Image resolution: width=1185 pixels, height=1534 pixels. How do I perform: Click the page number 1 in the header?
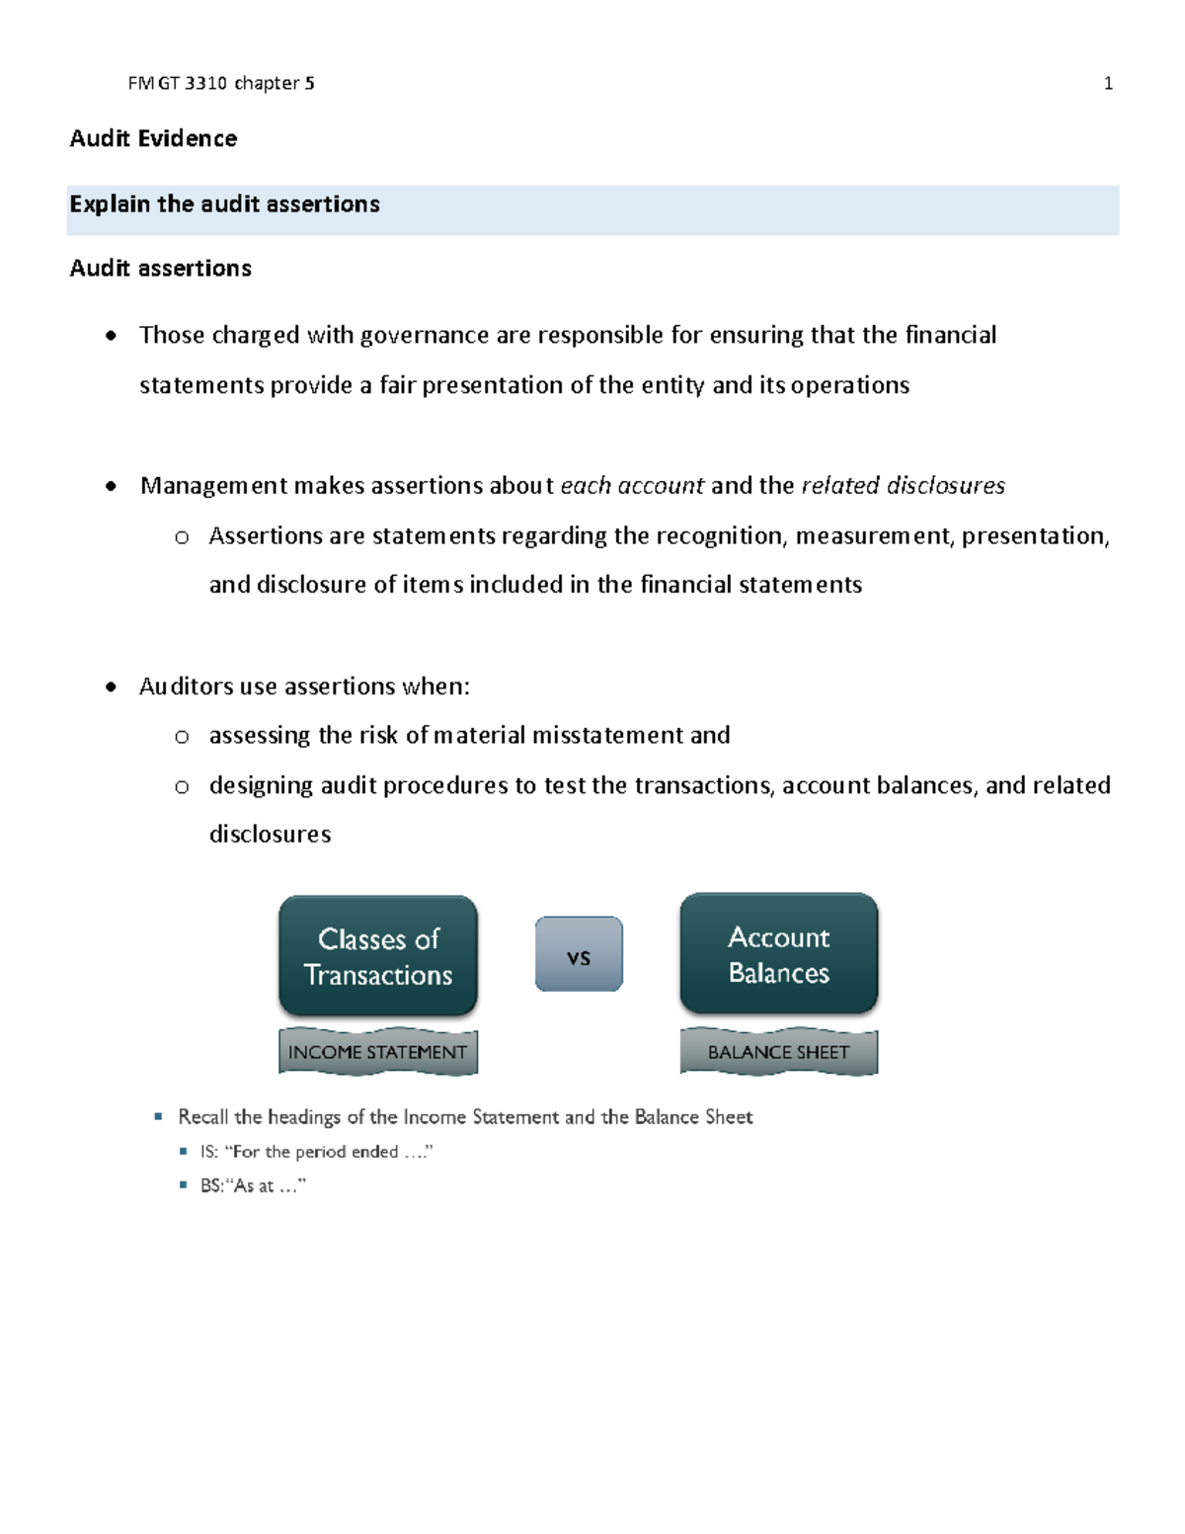pos(1108,84)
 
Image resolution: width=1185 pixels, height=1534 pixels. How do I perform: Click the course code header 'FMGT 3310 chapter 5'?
pos(221,84)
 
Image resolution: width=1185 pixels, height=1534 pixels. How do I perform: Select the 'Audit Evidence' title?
pos(153,138)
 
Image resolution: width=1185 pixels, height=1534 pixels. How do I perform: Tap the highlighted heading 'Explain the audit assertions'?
pos(224,204)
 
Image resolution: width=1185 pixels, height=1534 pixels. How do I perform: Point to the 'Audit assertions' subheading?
pos(160,269)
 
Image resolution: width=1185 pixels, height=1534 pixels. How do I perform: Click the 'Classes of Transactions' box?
pos(378,956)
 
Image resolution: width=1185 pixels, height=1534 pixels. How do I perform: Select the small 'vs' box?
pos(579,955)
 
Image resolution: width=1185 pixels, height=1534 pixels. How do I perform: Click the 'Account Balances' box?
pos(779,954)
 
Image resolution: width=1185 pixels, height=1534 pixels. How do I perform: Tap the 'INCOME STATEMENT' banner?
pos(378,1053)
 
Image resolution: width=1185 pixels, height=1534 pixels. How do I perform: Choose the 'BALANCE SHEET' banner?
pos(779,1053)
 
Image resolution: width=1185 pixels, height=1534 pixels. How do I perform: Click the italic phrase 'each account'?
pos(632,486)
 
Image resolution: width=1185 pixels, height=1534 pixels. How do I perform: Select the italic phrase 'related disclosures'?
pos(903,486)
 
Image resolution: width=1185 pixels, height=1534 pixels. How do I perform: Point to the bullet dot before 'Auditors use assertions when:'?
pos(111,687)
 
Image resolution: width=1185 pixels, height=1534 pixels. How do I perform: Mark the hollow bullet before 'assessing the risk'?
pos(182,737)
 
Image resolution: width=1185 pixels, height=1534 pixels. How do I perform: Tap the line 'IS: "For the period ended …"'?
pos(316,1152)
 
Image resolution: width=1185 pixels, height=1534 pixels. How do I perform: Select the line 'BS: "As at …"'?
pos(253,1186)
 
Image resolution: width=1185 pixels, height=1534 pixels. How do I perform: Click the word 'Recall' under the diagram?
pos(202,1117)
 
